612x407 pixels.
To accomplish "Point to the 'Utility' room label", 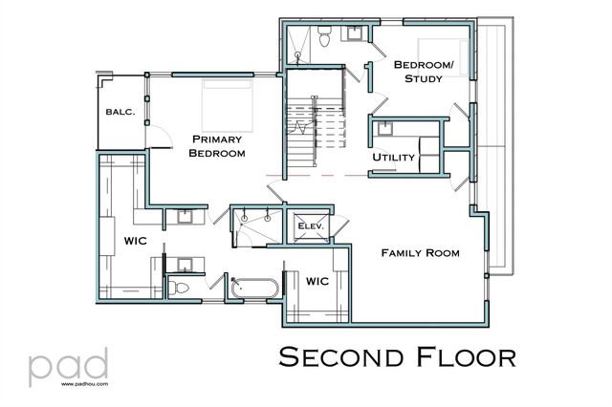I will pos(391,156).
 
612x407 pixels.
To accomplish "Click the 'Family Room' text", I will pos(420,253).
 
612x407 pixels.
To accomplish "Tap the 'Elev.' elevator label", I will pos(311,225).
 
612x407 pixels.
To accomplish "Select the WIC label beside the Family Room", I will pos(317,283).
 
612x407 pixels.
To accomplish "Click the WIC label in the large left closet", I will pos(135,241).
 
